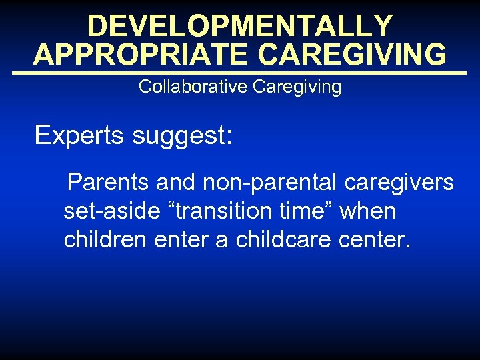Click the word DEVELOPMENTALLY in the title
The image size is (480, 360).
[x=240, y=26]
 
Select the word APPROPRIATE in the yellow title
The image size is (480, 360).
[x=141, y=55]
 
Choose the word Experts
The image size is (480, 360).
[x=80, y=135]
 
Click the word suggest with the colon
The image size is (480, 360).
[x=182, y=137]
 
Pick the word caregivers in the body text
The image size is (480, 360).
[x=399, y=182]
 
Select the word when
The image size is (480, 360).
[x=367, y=211]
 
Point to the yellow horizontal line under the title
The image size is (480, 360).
[x=240, y=72]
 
